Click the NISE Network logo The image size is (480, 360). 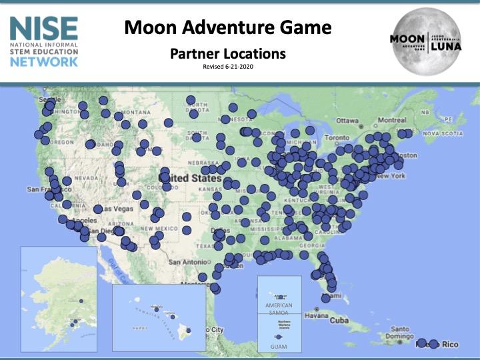(44, 41)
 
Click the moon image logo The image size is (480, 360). (425, 41)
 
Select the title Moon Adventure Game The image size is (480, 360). (227, 28)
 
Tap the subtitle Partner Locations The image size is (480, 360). (227, 53)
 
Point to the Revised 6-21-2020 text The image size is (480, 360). (227, 66)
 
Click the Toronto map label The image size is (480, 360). (337, 138)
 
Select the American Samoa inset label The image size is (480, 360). (279, 309)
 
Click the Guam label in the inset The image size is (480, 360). (279, 346)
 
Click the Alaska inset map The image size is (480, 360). (59, 299)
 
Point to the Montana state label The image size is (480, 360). (136, 112)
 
